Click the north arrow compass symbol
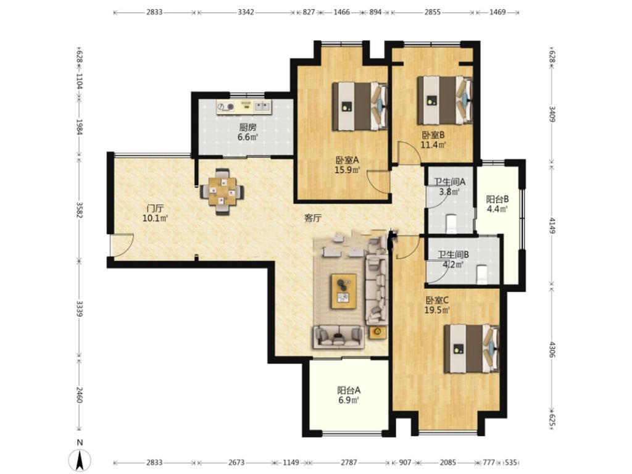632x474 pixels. coord(80,459)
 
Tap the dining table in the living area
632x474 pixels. coord(222,191)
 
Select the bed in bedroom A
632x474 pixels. coord(359,106)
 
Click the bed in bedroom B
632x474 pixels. coord(444,100)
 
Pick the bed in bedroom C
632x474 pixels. coord(472,349)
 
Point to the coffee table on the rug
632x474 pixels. coord(344,291)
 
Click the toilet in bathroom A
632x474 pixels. coord(451,223)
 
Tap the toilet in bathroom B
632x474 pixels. coord(482,275)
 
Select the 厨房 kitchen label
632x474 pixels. coord(247,127)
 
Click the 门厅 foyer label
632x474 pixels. coord(155,209)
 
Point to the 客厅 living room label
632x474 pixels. coord(313,218)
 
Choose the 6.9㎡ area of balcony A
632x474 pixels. coord(349,400)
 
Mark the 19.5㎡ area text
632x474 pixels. coord(437,310)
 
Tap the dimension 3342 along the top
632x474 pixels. coord(246,12)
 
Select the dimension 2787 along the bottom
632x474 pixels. coord(349,462)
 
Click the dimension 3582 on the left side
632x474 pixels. coord(80,210)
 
